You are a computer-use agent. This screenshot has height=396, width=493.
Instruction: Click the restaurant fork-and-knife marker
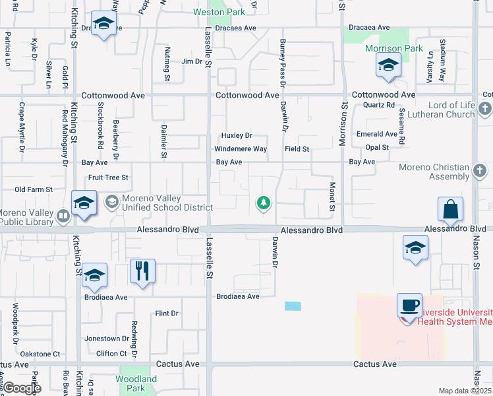click(x=142, y=271)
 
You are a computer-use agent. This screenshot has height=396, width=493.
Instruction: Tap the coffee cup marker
click(x=409, y=306)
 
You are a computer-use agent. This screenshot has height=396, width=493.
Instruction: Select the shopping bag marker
click(x=450, y=210)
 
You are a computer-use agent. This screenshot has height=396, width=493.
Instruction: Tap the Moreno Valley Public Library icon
click(x=63, y=215)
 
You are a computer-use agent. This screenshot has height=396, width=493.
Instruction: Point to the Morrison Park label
click(x=394, y=49)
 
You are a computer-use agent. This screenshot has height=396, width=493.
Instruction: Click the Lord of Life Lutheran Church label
click(x=451, y=110)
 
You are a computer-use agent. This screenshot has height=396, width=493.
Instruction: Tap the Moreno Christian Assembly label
click(x=434, y=172)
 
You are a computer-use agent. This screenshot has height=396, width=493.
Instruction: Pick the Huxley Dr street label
click(x=237, y=135)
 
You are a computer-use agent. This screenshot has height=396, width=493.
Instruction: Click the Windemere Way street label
click(x=241, y=149)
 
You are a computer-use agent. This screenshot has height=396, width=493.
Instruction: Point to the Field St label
click(x=297, y=149)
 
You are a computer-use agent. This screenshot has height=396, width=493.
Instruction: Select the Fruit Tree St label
click(x=108, y=178)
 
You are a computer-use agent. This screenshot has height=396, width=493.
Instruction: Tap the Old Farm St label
click(x=34, y=189)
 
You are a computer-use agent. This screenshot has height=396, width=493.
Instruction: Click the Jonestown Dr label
click(x=107, y=339)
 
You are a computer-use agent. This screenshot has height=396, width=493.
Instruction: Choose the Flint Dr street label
click(x=166, y=313)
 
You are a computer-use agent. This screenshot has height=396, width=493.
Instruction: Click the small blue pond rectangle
click(x=293, y=306)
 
